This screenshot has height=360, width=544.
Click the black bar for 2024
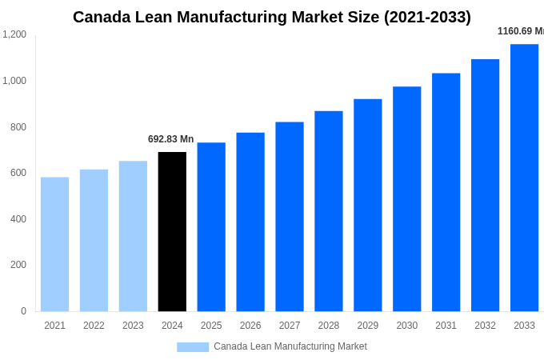172,231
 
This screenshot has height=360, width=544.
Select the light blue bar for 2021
54,244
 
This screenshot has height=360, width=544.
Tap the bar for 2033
524,178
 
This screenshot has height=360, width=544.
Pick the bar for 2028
328,211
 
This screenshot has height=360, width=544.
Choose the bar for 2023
133,236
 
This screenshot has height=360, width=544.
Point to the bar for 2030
406,199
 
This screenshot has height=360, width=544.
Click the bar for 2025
211,227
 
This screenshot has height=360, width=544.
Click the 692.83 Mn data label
170,139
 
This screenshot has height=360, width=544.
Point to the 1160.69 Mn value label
520,31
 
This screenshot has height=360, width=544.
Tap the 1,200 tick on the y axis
14,34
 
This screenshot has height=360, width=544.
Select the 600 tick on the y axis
18,173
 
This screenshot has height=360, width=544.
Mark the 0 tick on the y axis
23,311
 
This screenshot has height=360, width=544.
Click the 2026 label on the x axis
250,326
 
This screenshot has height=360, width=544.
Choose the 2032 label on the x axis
485,326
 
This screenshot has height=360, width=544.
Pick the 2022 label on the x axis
94,326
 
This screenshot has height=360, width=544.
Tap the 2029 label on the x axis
367,326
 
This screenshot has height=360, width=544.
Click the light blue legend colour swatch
192,347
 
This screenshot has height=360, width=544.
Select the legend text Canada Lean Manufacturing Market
290,346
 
